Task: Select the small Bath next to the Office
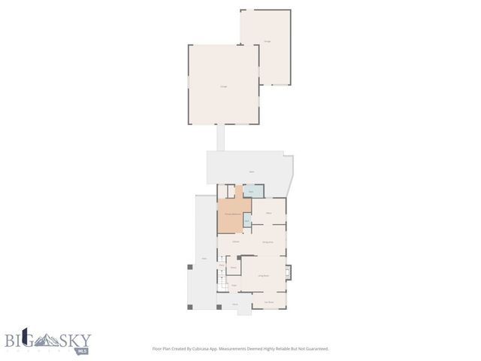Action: pyautogui.click(x=247, y=220)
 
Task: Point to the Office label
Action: pyautogui.click(x=268, y=214)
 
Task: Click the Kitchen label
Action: pyautogui.click(x=235, y=241)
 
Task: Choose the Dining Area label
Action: pyautogui.click(x=268, y=242)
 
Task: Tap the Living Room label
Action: pyautogui.click(x=264, y=277)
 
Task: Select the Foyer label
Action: pyautogui.click(x=234, y=285)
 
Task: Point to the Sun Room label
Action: pyautogui.click(x=268, y=302)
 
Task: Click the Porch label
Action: pyautogui.click(x=235, y=304)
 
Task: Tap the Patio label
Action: pyautogui.click(x=204, y=259)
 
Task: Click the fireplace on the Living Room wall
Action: pyautogui.click(x=288, y=272)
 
